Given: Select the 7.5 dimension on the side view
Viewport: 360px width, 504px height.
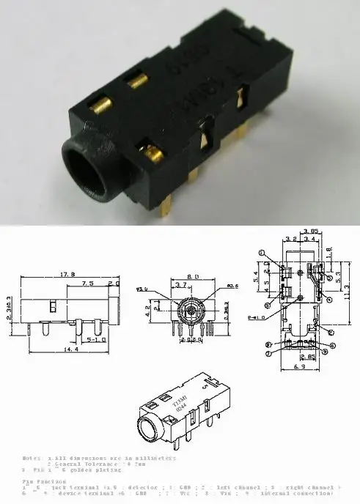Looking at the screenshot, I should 87,283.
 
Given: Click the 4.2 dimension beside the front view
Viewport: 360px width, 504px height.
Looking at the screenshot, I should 167,310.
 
